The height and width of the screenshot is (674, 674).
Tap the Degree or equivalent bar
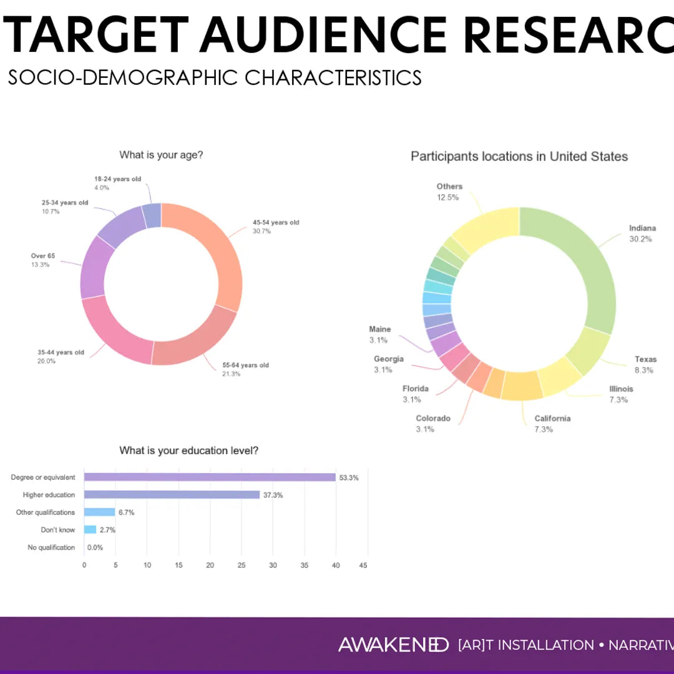[210, 477]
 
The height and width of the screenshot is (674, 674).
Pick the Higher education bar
[172, 495]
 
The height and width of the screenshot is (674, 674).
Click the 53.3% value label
[349, 477]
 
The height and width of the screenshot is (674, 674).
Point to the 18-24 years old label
[117, 179]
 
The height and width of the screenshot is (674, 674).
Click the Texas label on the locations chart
[645, 359]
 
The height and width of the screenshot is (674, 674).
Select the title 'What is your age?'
[161, 155]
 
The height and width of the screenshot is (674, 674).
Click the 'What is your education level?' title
[188, 451]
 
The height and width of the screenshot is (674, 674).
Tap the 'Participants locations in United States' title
[519, 157]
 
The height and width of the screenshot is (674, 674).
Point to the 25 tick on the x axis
[242, 565]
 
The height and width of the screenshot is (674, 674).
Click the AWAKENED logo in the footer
[393, 645]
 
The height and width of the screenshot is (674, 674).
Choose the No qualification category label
[51, 547]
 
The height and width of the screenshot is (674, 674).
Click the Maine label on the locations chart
[379, 330]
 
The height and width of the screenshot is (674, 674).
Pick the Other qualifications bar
[100, 512]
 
